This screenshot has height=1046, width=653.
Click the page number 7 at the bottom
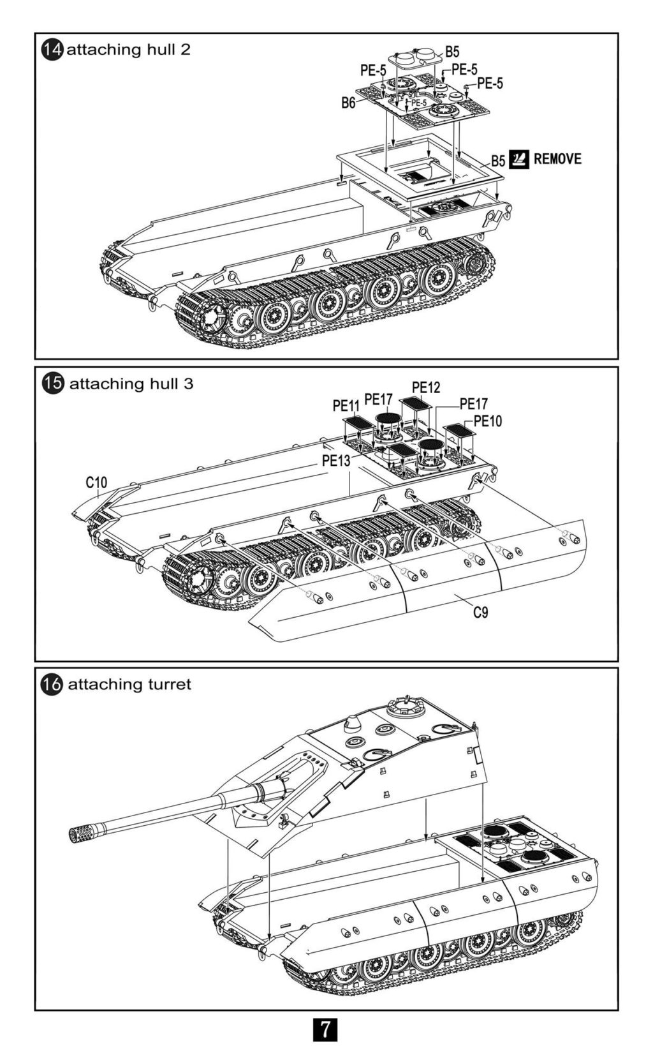click(x=326, y=1029)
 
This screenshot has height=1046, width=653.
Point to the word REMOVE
click(x=557, y=158)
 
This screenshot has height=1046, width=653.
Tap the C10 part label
click(x=97, y=482)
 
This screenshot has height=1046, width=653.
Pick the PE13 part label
click(x=336, y=460)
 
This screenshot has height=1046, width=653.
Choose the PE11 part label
click(x=346, y=405)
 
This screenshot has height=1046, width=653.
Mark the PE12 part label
click(x=426, y=387)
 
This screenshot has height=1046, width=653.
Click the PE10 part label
click(x=488, y=421)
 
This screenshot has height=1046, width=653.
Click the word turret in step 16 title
click(x=169, y=685)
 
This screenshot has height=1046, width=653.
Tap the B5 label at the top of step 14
click(x=452, y=52)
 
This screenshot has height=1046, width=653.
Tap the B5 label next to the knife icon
click(x=497, y=161)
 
